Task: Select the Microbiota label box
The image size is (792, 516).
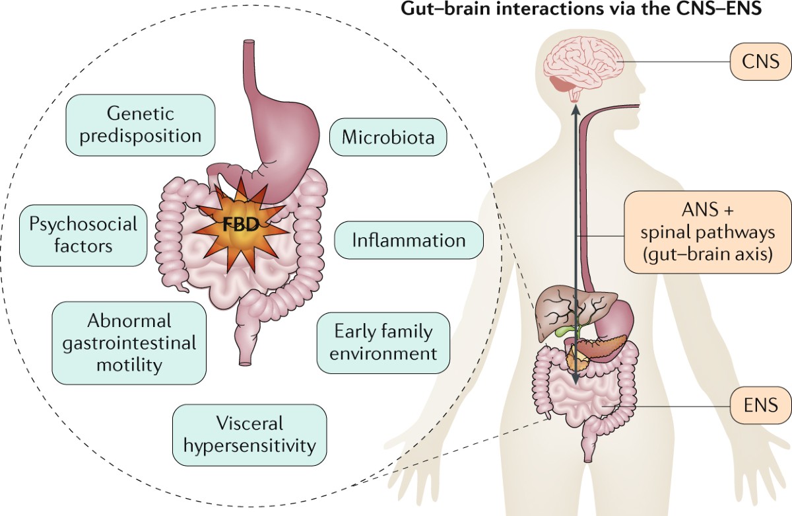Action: (387, 137)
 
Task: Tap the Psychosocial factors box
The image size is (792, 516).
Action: (84, 234)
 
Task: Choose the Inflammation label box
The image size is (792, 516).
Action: (409, 240)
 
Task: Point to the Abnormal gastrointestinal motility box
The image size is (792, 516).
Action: (129, 343)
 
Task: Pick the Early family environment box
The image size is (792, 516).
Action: (383, 342)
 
